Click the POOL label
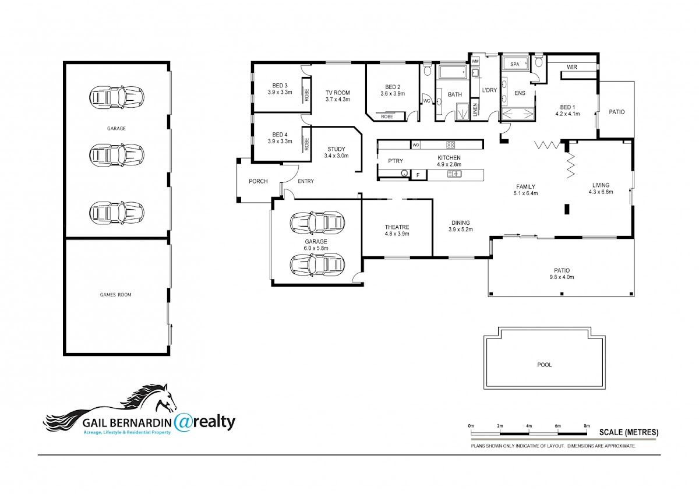coord(544,365)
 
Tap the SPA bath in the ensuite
coord(515,64)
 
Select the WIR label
coord(571,67)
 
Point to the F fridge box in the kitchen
coord(418,175)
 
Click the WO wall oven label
coord(416,145)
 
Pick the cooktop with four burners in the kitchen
coord(450,145)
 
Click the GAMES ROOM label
coord(115,295)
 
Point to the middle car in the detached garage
coord(116,154)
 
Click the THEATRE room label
coord(397,227)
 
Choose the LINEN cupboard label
coord(475,110)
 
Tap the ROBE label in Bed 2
coord(387,117)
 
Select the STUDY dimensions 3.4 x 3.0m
coord(336,156)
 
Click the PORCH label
coord(258,181)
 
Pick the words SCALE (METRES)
coord(629,432)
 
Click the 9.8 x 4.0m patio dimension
coord(562,277)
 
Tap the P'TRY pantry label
coord(396,161)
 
